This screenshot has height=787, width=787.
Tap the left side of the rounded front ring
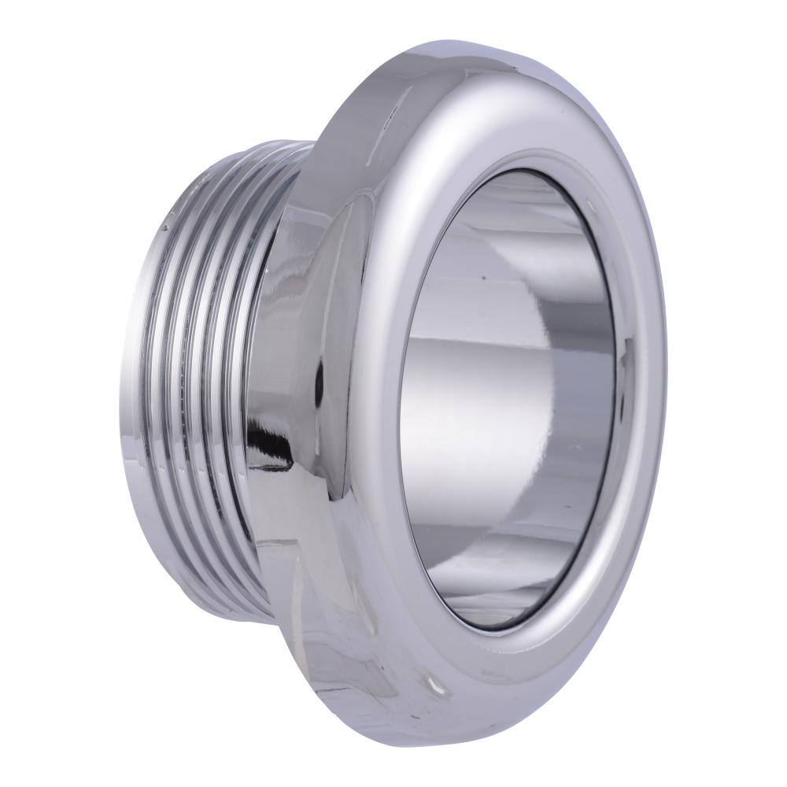click(370, 393)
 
